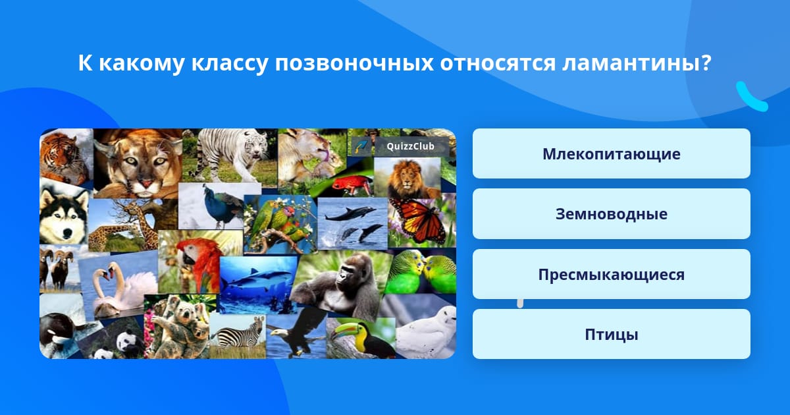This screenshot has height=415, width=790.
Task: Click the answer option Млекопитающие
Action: click(611, 153)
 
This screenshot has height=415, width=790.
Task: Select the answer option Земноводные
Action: click(611, 214)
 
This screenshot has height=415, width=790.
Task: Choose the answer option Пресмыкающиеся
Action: click(611, 274)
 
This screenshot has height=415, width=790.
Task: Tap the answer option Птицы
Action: click(611, 334)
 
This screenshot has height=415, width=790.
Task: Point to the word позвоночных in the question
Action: click(354, 63)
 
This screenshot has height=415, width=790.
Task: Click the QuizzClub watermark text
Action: click(410, 146)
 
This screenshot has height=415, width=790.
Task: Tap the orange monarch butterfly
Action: click(419, 219)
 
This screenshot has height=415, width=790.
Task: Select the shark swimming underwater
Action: click(259, 279)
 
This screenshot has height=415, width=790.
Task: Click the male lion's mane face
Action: click(406, 179)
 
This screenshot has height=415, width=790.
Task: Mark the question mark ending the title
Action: click(706, 63)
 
